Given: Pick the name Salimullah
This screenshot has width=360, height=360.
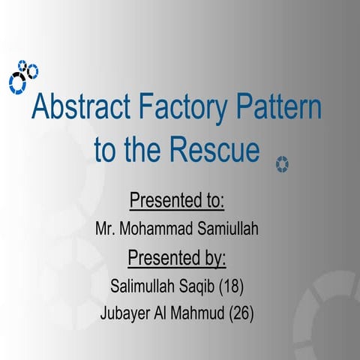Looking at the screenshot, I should (x=142, y=286).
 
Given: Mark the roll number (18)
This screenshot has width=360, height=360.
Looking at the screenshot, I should (x=232, y=286).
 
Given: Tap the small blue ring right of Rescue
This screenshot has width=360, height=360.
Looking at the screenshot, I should (x=282, y=163).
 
